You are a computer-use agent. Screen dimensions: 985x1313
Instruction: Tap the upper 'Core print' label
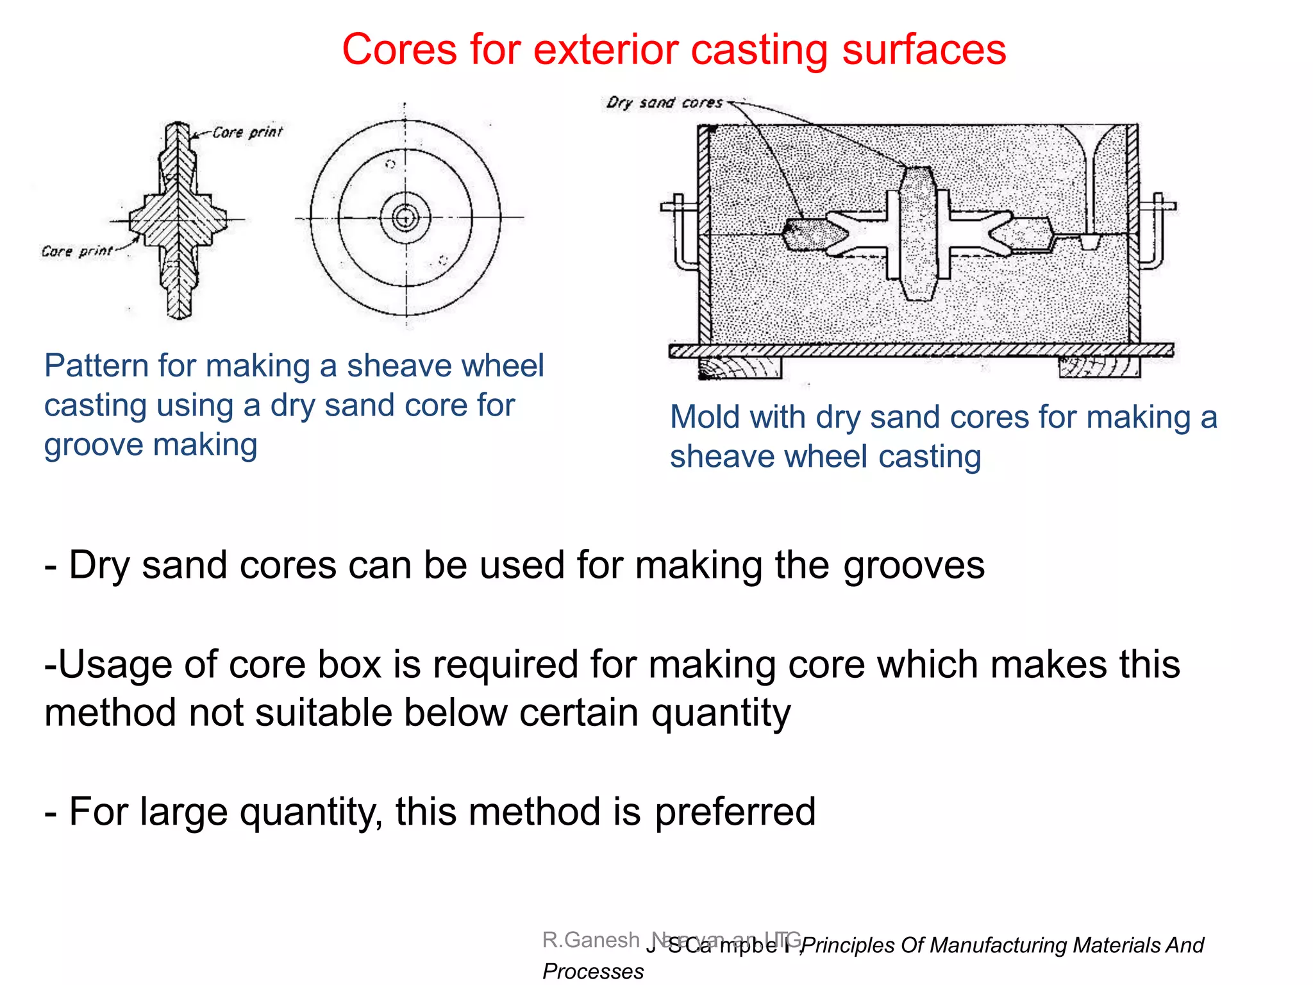247,132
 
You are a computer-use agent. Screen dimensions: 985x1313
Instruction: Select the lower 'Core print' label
77,251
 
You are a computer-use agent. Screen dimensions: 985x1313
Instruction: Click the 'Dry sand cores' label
664,103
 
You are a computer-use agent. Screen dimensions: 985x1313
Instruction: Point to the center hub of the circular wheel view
405,218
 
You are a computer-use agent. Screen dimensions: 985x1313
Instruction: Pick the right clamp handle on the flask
1157,231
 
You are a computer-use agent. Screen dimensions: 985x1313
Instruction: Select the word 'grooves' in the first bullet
914,566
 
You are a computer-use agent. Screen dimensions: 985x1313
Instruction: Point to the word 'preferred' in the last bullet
735,812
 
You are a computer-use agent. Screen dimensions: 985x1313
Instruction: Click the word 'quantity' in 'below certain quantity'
721,713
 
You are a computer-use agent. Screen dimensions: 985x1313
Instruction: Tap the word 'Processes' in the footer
593,971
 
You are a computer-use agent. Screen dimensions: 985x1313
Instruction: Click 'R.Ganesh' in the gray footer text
590,939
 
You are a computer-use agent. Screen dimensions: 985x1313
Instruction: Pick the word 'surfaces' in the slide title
924,50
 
